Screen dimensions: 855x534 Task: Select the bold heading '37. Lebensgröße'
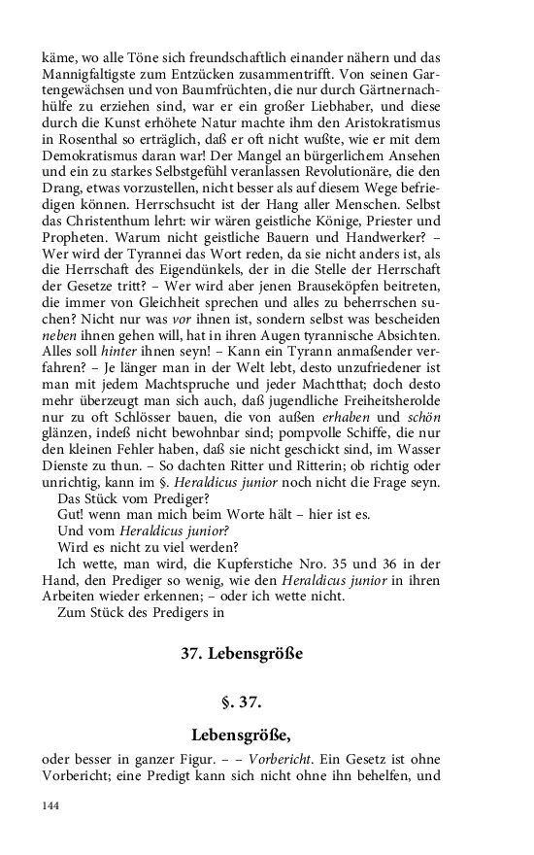pyautogui.click(x=242, y=654)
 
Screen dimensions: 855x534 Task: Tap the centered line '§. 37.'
pyautogui.click(x=242, y=702)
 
